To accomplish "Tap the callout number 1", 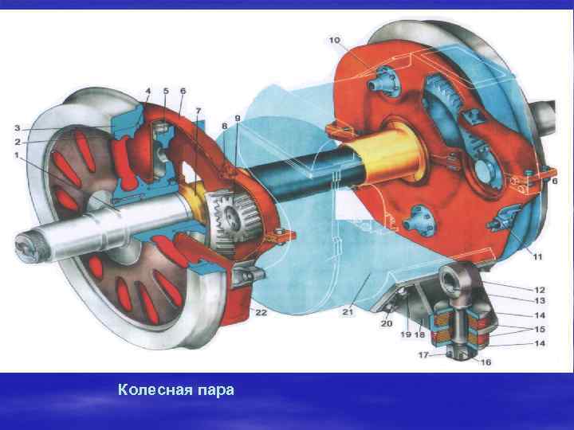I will pos(17,154).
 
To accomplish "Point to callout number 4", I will pos(148,90).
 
